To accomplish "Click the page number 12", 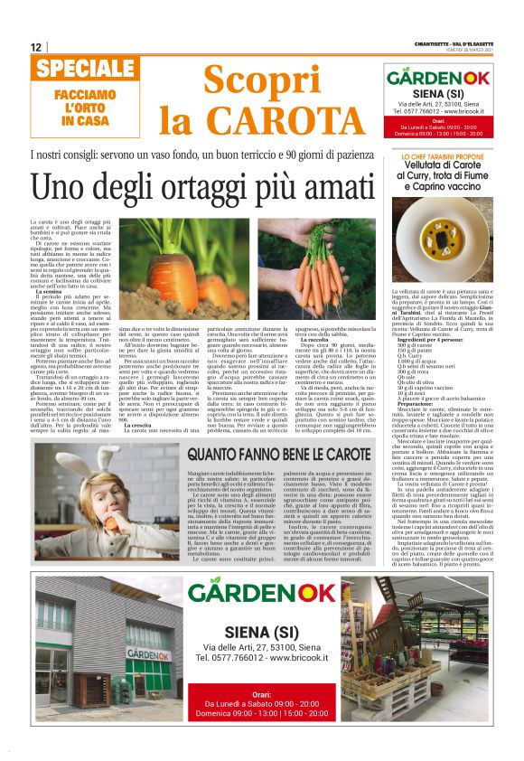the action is tap(36, 47).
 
